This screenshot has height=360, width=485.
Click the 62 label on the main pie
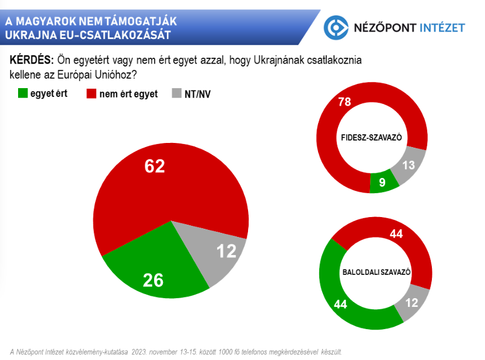(155, 167)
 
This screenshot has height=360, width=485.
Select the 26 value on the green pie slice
(153, 280)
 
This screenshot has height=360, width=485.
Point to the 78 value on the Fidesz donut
(345, 102)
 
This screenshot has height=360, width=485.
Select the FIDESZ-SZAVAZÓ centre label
(372, 138)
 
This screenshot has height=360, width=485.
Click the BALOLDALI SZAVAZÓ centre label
(375, 272)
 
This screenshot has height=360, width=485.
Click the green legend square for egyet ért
(23, 93)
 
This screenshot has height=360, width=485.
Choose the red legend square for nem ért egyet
(91, 93)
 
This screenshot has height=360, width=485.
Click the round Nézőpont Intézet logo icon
(336, 27)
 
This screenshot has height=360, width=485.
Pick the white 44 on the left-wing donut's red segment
(397, 234)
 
